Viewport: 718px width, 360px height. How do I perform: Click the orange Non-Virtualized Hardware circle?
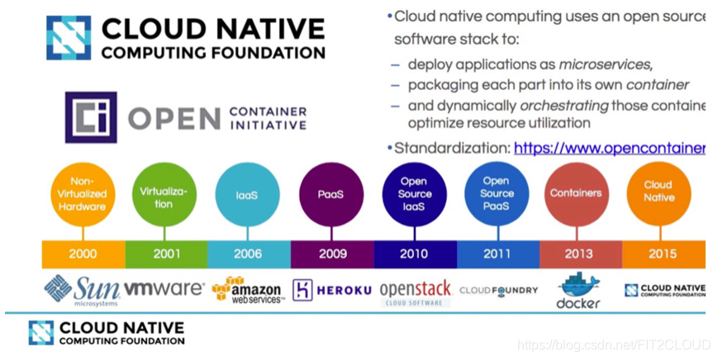[x=82, y=195]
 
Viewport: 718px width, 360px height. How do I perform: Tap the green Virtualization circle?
[x=164, y=195]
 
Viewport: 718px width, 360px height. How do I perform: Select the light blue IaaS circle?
[x=247, y=195]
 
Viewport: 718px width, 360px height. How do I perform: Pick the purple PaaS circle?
[x=330, y=195]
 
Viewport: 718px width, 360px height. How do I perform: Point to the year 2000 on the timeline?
[x=83, y=253]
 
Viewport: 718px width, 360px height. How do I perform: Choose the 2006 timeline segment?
[x=248, y=253]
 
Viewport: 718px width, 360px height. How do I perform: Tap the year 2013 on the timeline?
[x=578, y=253]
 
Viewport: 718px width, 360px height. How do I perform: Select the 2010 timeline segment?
[x=414, y=253]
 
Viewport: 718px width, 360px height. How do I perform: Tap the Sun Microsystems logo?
[x=82, y=290]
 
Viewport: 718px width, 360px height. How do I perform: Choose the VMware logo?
[x=164, y=289]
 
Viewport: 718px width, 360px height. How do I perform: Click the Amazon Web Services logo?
[x=247, y=290]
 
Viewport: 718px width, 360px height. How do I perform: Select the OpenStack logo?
[x=415, y=291]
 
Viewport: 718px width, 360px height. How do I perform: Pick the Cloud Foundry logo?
[x=498, y=290]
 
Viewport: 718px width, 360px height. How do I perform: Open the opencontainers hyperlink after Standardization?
[x=609, y=149]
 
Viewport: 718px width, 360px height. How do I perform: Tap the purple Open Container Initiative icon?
[x=90, y=117]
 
